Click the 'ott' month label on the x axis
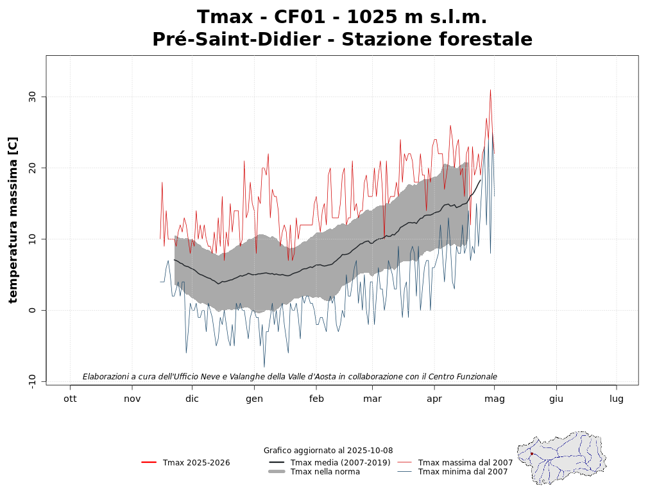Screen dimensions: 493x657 [x=70, y=399]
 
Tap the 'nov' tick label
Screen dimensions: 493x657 [x=132, y=399]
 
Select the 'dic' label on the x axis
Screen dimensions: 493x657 [x=192, y=399]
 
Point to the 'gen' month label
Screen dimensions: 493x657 [x=254, y=399]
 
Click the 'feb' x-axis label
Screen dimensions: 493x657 [x=316, y=399]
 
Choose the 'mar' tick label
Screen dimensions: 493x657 [x=372, y=399]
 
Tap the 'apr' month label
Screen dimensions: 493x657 [x=434, y=399]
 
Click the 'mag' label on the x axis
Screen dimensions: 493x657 [x=494, y=399]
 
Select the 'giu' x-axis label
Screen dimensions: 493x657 [x=556, y=399]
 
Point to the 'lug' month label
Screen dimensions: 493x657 [x=617, y=399]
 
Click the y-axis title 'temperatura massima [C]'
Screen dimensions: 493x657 [x=13, y=220]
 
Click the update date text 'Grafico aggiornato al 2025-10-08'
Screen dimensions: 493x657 [x=328, y=451]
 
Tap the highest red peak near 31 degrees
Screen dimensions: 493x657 [x=490, y=91]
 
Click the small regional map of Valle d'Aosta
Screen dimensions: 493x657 [x=562, y=457]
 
